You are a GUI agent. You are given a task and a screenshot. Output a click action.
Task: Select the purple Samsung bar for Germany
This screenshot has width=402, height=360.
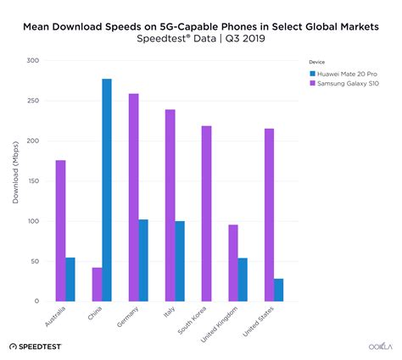coord(133,197)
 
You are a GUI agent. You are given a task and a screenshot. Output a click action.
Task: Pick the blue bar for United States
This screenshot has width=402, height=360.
coord(278,290)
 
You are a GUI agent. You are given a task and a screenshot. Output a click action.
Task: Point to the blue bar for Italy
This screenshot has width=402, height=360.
coord(180,261)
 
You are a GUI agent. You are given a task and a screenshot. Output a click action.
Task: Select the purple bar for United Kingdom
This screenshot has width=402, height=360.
coord(232,263)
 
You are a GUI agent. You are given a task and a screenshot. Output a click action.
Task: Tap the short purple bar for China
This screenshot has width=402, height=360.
coord(97,284)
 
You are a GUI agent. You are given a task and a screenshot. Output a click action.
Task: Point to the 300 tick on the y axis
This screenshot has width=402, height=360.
coord(33,61)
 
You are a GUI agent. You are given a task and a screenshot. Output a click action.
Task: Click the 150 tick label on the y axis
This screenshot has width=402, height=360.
coord(33,181)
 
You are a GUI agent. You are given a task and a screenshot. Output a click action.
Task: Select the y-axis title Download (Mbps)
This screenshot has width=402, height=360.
coord(15,180)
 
